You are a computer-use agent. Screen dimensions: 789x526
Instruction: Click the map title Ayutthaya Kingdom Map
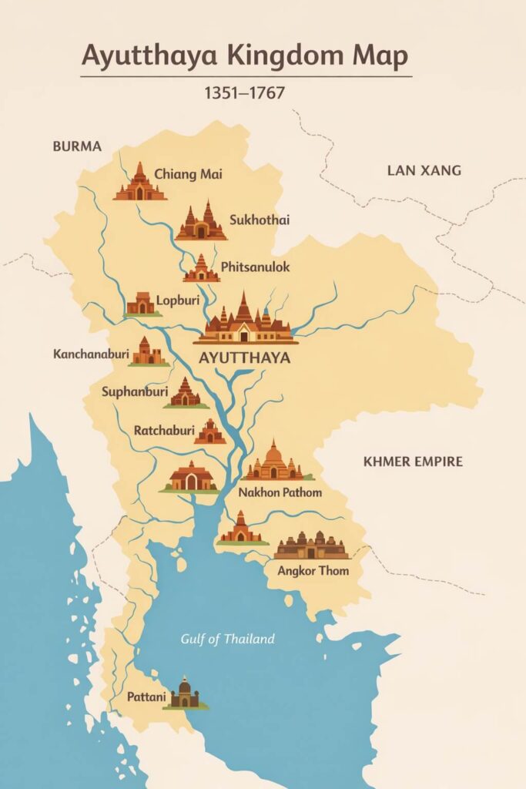click(245, 57)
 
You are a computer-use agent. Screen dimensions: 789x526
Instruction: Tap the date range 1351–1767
click(245, 94)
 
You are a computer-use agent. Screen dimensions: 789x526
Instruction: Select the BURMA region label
click(76, 146)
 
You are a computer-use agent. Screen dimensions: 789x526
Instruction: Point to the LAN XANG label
click(424, 170)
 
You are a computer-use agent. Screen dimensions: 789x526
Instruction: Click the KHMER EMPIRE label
click(413, 462)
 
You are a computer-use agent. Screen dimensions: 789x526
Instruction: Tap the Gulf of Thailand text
click(227, 639)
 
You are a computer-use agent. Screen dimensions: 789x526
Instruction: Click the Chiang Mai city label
click(188, 174)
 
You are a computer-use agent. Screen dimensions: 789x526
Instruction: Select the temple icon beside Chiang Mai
click(139, 183)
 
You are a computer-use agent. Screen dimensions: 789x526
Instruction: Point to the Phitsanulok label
click(255, 267)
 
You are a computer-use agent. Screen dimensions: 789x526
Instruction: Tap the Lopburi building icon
click(143, 304)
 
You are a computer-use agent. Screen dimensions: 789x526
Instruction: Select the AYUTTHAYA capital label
click(244, 358)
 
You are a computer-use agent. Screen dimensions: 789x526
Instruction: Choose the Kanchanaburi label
click(91, 354)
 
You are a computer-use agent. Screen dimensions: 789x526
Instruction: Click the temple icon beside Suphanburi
click(186, 393)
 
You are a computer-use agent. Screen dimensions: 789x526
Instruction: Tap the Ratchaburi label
click(163, 430)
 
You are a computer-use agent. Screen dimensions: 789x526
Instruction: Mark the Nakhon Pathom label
click(280, 492)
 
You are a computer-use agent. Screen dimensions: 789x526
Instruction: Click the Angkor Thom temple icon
click(311, 546)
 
